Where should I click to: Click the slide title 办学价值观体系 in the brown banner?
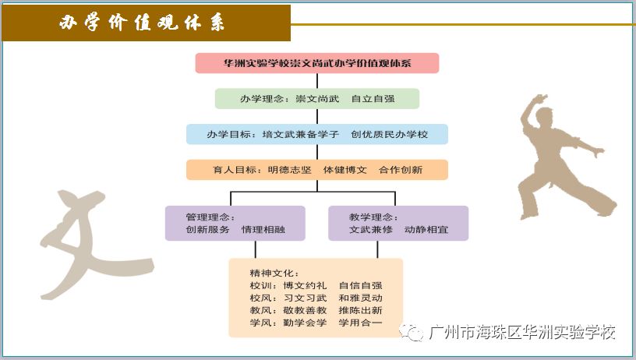tap(142, 23)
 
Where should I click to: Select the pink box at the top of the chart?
tap(316, 63)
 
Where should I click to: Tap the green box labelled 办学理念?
tap(316, 98)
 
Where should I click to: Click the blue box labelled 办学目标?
tap(316, 134)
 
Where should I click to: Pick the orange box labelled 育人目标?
tap(316, 170)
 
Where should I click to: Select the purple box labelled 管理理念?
tap(235, 224)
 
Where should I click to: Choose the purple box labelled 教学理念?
tap(398, 224)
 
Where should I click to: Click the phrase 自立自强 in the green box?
tap(373, 99)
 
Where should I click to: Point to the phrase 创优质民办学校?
tap(390, 134)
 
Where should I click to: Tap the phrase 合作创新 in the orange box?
tap(401, 170)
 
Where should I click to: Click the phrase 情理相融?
tap(263, 229)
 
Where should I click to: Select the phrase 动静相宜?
tap(426, 229)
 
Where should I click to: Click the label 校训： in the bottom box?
tap(263, 285)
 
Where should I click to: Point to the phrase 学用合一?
tap(361, 323)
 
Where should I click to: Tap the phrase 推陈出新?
tap(361, 311)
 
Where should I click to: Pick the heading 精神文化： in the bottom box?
tap(274, 274)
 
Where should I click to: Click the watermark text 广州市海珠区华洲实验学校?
tap(522, 333)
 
